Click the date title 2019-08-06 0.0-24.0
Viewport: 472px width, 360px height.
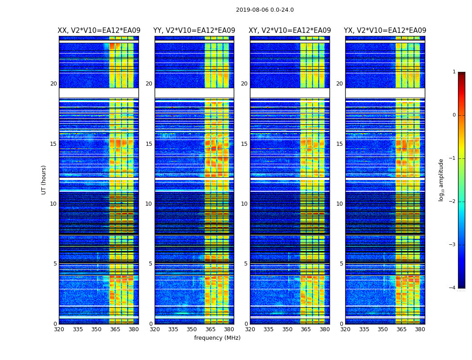click(265, 10)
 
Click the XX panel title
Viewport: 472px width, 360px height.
click(99, 31)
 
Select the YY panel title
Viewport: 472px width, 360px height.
click(194, 31)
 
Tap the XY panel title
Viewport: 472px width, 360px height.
click(290, 31)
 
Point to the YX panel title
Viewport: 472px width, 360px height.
click(385, 31)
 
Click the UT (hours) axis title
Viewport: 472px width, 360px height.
click(44, 180)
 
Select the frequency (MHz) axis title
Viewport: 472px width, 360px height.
click(217, 338)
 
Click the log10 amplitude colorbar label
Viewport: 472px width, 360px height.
click(441, 180)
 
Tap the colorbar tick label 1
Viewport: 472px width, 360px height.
click(454, 72)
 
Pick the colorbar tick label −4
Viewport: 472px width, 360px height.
click(453, 288)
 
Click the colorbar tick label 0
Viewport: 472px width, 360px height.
click(454, 115)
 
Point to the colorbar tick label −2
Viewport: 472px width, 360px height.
click(453, 202)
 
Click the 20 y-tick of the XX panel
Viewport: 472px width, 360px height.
click(53, 84)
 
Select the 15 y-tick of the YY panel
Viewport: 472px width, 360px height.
click(149, 144)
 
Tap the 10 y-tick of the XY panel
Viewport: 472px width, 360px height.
click(244, 204)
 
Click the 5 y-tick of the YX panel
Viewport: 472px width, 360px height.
click(341, 264)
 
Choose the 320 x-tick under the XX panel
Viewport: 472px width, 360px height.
click(59, 329)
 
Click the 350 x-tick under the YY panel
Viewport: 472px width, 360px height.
click(191, 329)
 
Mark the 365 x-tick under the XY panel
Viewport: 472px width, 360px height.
click(306, 329)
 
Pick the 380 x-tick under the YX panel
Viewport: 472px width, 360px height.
click(420, 329)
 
